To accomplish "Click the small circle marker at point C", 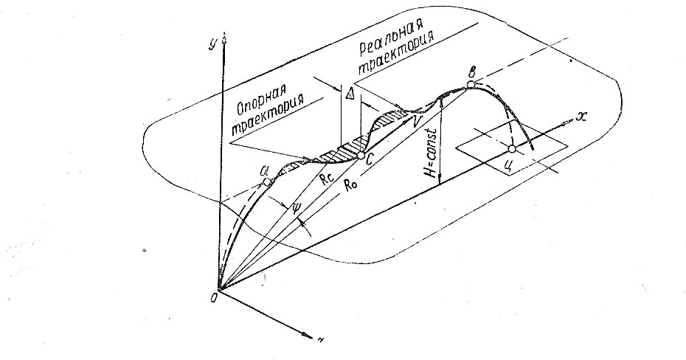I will coord(361,155).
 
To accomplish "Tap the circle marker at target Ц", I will coord(513,150).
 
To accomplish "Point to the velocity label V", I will coord(419,120).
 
